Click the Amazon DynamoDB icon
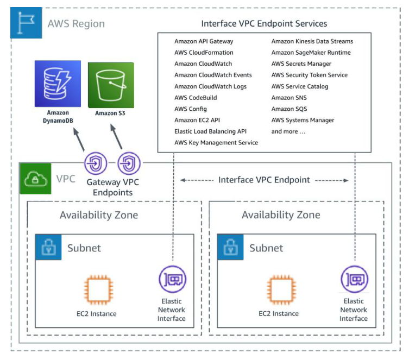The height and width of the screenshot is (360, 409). tap(58, 84)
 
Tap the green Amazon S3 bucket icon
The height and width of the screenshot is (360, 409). tap(111, 85)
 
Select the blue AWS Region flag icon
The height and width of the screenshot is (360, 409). tap(26, 23)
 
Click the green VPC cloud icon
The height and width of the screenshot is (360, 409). tap(35, 179)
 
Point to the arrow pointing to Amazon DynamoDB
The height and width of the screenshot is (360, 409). tap(79, 140)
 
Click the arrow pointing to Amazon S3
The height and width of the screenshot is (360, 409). tap(116, 136)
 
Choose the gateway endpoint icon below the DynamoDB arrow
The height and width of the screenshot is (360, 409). tap(96, 163)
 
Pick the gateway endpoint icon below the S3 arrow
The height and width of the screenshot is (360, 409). tap(129, 163)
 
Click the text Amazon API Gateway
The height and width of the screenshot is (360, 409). tap(204, 41)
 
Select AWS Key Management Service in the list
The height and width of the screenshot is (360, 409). tap(216, 143)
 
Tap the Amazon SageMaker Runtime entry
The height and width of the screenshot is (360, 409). tap(311, 53)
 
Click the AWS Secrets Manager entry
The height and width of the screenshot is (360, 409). tap(301, 64)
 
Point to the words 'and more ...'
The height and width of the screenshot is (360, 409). tap(288, 131)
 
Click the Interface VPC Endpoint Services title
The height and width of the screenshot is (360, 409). tap(264, 24)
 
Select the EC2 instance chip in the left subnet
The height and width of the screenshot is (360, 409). tap(99, 290)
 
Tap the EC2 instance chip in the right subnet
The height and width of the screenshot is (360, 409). tap(281, 290)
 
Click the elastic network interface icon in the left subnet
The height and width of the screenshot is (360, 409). tap(172, 279)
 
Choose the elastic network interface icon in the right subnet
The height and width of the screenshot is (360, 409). tap(355, 279)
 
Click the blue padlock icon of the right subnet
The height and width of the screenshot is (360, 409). tap(230, 247)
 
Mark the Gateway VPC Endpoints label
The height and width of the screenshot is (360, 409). tap(112, 187)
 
